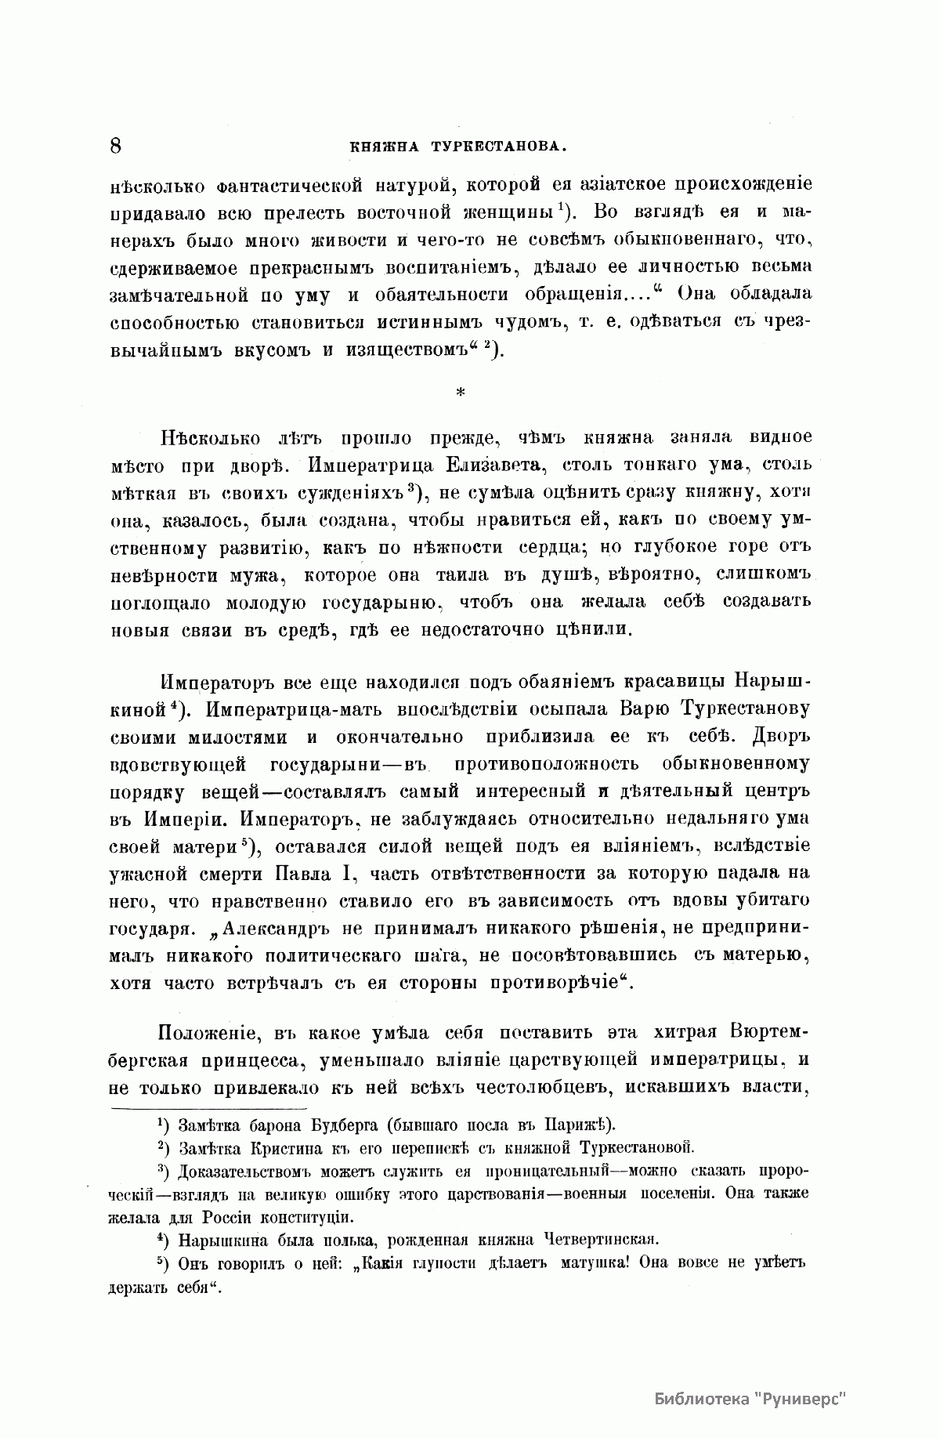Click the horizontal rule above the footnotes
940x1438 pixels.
[208, 1108]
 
